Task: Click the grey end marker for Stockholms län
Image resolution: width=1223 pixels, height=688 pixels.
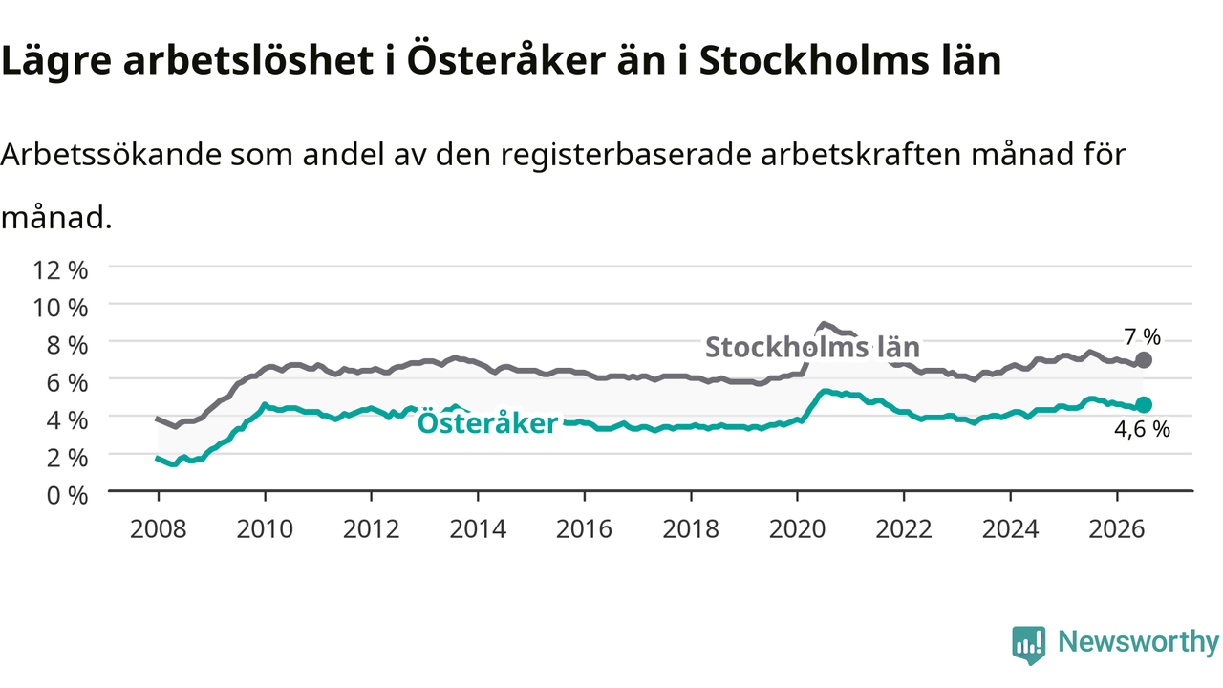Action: click(x=1144, y=360)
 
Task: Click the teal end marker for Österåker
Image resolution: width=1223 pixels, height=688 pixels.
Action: click(x=1144, y=405)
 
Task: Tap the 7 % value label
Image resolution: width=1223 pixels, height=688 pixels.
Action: click(x=1142, y=337)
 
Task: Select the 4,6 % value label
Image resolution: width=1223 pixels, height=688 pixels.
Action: click(x=1142, y=429)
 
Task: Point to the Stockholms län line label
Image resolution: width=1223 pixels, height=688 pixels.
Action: click(x=812, y=347)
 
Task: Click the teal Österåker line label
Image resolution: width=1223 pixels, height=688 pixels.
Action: click(x=487, y=423)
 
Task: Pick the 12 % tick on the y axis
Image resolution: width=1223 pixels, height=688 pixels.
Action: click(x=60, y=270)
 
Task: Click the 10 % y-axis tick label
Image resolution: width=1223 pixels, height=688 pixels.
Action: click(x=60, y=308)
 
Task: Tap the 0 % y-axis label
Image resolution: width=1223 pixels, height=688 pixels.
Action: click(x=67, y=496)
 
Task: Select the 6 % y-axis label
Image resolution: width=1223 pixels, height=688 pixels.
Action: click(x=67, y=383)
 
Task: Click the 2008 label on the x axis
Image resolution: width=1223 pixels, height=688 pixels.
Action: click(x=159, y=529)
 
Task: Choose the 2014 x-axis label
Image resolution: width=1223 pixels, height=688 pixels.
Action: click(x=478, y=529)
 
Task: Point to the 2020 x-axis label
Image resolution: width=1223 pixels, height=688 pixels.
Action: click(x=797, y=529)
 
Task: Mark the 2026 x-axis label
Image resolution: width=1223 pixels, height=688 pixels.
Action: click(x=1117, y=529)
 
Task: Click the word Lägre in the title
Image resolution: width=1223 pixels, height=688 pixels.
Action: click(x=56, y=61)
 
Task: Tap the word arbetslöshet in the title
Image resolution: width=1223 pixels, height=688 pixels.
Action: click(x=248, y=59)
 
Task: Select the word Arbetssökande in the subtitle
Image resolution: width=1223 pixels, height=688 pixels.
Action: click(x=111, y=155)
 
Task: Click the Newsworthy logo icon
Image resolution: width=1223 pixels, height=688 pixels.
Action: click(x=1029, y=645)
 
